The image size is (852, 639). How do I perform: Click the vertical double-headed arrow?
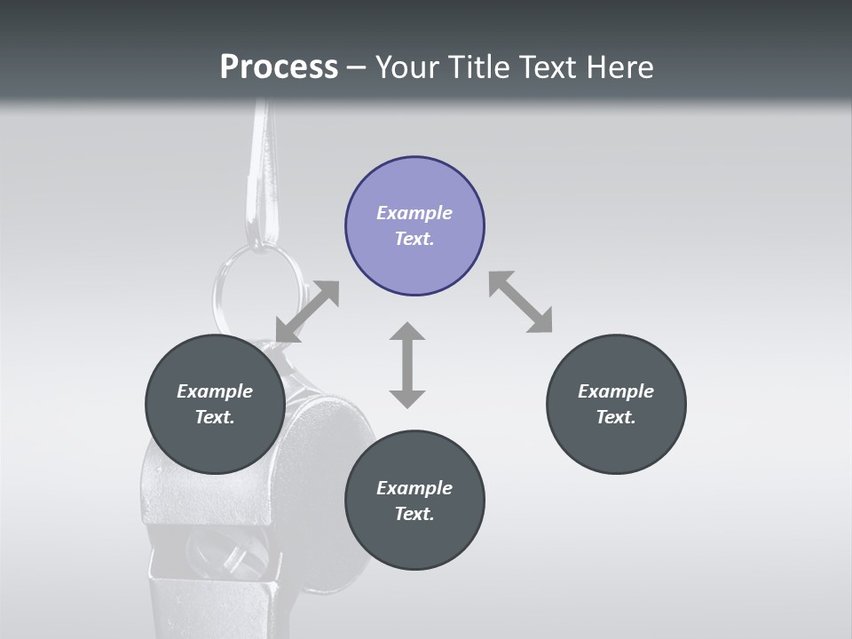tap(407, 365)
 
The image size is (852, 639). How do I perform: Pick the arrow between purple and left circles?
tap(307, 312)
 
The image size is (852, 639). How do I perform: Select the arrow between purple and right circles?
tap(520, 302)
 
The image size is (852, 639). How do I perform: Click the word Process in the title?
tap(279, 67)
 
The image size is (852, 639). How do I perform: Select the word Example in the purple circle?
tap(414, 213)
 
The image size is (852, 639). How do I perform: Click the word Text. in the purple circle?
tap(414, 239)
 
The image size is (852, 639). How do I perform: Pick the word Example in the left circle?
tap(215, 391)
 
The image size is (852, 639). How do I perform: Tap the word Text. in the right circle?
tap(616, 417)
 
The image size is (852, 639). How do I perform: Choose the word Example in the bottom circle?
tap(414, 488)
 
